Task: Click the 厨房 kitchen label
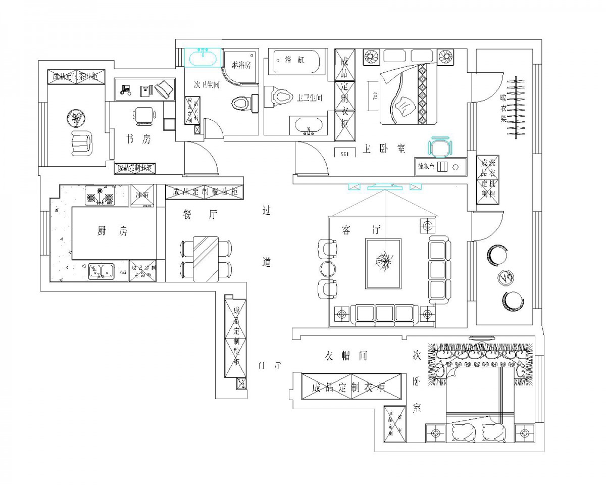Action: point(113,231)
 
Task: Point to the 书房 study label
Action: point(138,139)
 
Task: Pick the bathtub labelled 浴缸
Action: point(294,62)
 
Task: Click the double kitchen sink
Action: point(102,271)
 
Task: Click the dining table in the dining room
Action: point(206,259)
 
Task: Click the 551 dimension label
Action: point(345,153)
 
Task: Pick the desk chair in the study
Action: point(145,115)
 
